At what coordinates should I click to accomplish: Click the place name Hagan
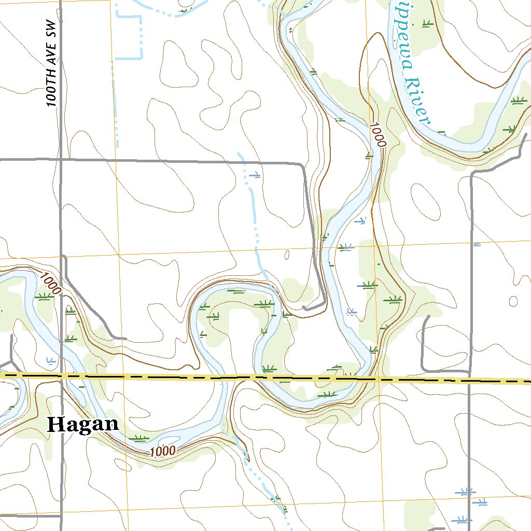click(83, 424)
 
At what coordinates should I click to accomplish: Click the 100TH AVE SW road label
click(50, 64)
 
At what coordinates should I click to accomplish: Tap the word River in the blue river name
click(418, 101)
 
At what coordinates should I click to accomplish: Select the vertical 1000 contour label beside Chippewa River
click(379, 135)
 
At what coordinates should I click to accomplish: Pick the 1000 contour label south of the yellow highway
click(163, 451)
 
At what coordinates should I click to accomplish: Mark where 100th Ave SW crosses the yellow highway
click(62, 375)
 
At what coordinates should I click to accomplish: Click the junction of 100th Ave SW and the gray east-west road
click(61, 160)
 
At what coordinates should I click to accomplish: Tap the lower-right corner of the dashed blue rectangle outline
click(141, 58)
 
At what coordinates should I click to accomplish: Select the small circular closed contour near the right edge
click(513, 301)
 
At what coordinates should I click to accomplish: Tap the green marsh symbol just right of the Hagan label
click(139, 438)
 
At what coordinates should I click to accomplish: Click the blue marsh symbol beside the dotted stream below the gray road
click(254, 175)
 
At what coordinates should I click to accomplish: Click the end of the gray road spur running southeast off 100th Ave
click(125, 338)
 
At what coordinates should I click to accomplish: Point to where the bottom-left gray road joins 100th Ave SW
click(61, 516)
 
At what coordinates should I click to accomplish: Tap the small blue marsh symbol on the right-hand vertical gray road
click(477, 244)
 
